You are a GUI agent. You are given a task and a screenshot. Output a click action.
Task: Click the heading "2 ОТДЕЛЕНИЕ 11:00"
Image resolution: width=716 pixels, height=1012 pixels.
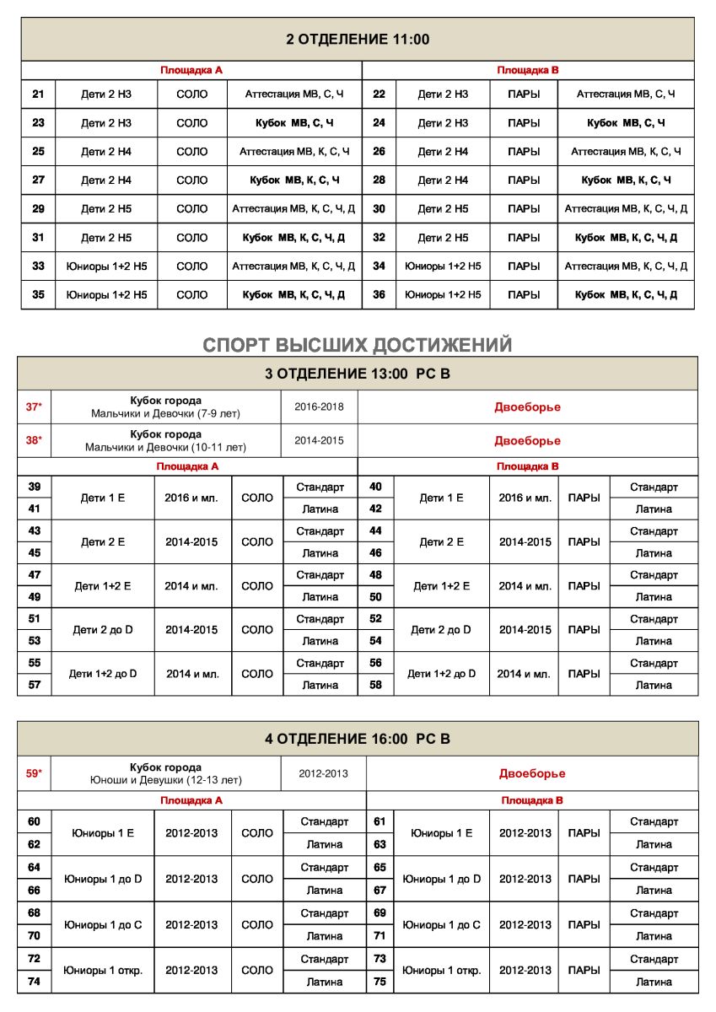358,40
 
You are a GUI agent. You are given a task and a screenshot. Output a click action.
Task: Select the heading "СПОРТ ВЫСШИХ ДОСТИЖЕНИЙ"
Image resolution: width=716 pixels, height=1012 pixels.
358,345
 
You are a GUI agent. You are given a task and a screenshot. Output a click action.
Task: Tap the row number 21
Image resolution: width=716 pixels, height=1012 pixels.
38,94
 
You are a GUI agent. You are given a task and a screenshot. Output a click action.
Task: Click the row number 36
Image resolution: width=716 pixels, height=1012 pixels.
379,295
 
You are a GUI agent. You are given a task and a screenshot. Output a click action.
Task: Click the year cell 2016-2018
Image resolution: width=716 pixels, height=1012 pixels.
319,407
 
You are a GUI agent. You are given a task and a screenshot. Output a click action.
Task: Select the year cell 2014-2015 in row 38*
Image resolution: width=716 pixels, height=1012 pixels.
319,440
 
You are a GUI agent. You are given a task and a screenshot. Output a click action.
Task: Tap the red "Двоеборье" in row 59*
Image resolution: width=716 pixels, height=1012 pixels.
532,773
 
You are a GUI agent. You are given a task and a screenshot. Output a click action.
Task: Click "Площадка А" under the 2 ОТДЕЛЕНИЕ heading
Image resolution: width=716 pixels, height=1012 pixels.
191,71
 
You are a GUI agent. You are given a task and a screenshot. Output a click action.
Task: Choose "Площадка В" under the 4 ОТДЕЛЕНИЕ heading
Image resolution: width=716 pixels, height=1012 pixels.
532,800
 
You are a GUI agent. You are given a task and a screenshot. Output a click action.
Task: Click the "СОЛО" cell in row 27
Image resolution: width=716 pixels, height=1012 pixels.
192,180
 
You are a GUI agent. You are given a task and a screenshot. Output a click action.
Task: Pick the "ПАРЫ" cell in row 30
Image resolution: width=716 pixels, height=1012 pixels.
524,209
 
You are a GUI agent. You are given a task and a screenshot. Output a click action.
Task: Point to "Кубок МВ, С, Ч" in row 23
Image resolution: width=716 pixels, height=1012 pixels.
294,123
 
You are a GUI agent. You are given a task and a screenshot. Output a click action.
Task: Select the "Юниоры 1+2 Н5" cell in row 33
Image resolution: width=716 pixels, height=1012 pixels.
106,266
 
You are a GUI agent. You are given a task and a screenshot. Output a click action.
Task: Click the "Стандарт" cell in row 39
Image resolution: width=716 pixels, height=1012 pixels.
320,487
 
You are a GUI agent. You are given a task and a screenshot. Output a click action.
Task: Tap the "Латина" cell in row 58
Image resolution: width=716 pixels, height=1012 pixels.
654,686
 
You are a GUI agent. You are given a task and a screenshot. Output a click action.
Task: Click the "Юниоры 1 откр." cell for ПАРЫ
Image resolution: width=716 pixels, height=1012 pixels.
441,971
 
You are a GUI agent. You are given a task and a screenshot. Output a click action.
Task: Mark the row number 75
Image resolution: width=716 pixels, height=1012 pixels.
380,982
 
